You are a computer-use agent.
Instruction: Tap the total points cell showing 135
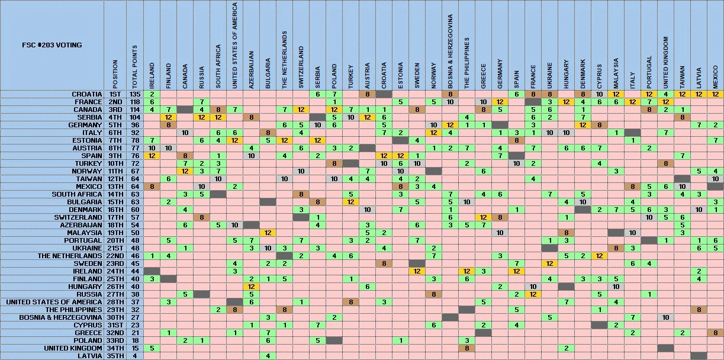pyautogui.click(x=135, y=94)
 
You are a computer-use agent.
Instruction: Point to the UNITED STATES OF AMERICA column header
pyautogui.click(x=235, y=46)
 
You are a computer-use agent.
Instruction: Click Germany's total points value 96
pyautogui.click(x=135, y=125)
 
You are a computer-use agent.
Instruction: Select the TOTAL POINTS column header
pyautogui.click(x=135, y=67)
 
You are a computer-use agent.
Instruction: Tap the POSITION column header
pyautogui.click(x=115, y=73)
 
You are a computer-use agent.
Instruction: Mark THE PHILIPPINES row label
pyautogui.click(x=76, y=310)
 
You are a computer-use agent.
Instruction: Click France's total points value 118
pyautogui.click(x=135, y=102)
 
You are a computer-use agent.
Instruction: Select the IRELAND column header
pyautogui.click(x=152, y=76)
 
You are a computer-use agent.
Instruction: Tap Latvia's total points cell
pyautogui.click(x=135, y=356)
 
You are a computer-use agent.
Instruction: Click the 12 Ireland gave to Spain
pyautogui.click(x=152, y=156)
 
